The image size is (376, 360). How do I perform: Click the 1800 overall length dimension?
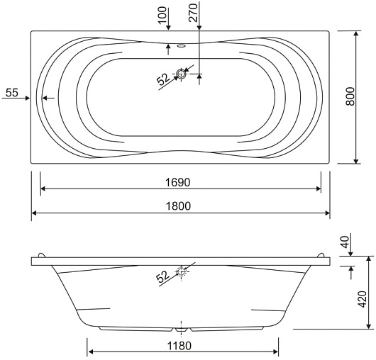coord(178,206)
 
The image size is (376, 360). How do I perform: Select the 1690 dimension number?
coord(178,183)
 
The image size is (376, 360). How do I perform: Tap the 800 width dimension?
coord(350,96)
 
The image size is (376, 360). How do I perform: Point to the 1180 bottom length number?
coord(179,346)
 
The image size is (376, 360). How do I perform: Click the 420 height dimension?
coord(363,299)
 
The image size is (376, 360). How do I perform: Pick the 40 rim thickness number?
coord(345,242)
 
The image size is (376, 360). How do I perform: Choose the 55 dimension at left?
coord(12,93)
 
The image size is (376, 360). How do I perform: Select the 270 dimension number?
coord(193,13)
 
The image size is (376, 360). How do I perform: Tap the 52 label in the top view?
coord(164,79)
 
